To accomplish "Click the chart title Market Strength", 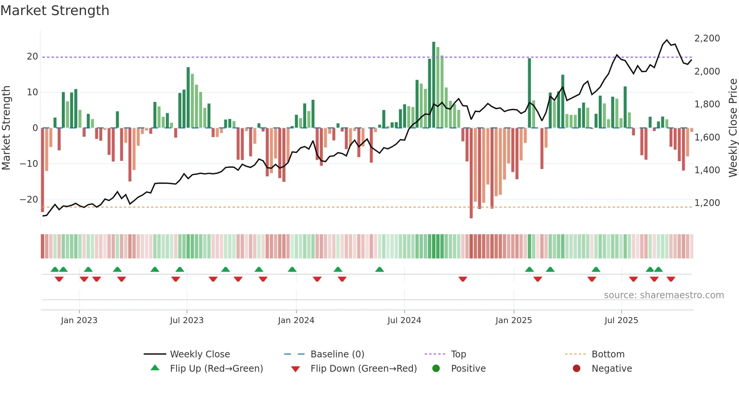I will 55,11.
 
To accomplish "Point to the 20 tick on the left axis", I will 32,56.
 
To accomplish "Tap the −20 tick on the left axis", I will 29,199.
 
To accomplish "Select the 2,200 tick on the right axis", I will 707,38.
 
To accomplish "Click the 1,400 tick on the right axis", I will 707,170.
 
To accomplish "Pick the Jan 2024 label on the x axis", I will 296,320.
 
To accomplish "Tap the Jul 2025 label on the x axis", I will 621,320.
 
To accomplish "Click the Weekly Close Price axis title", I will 733,128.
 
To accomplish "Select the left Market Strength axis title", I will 6,128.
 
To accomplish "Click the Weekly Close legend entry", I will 200,354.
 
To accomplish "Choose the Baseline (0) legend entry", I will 337,354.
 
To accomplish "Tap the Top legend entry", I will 458,354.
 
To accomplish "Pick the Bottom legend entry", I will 608,354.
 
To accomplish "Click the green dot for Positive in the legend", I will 436,368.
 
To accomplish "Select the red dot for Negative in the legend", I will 576,368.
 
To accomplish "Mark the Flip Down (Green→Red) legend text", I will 363,368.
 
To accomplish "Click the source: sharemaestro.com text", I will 664,295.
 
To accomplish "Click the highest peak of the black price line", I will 667,40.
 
